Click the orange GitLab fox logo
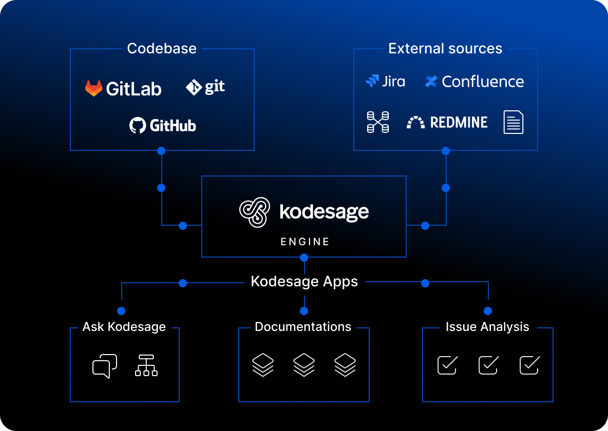tap(93, 88)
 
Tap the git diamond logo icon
tap(194, 88)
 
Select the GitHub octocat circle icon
tap(138, 125)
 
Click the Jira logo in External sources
tap(385, 81)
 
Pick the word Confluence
tap(482, 82)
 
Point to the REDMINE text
tap(459, 122)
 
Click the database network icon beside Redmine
tap(378, 122)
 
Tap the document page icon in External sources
tap(514, 122)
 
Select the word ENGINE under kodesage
tap(305, 242)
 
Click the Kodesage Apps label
tap(304, 282)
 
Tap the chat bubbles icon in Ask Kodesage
tap(105, 366)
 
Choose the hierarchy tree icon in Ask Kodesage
tap(146, 366)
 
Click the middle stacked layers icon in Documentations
tap(304, 365)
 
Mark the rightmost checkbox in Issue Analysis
tap(529, 365)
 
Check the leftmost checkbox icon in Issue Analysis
tap(447, 365)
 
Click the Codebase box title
tap(162, 49)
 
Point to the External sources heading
tap(445, 49)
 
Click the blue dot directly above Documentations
tap(304, 311)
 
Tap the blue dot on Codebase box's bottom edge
tap(161, 151)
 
